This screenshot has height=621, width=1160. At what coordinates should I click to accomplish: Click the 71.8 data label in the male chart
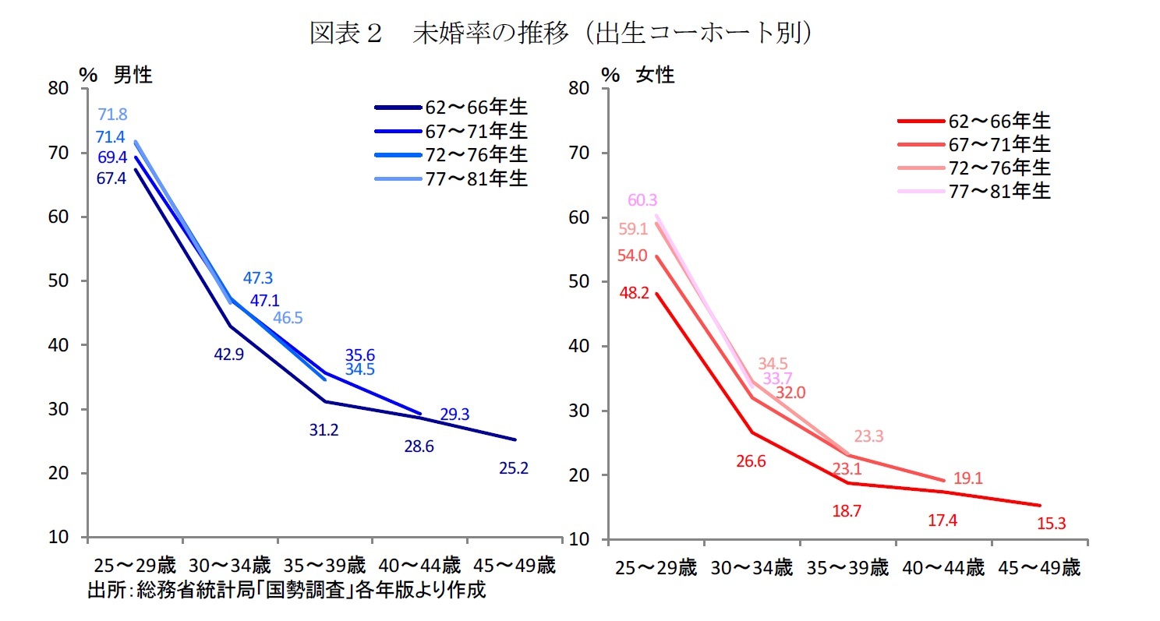[x=113, y=115]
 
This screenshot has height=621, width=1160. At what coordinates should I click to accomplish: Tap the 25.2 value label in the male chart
[x=513, y=468]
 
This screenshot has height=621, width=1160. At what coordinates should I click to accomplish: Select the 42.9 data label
[x=229, y=355]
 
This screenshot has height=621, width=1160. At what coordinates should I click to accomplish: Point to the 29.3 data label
[x=454, y=415]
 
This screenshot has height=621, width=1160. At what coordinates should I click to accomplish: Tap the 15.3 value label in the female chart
[x=1052, y=524]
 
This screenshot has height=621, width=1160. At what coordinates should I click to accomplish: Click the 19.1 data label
[x=967, y=478]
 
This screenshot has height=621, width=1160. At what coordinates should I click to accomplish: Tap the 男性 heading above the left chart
[x=133, y=75]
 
